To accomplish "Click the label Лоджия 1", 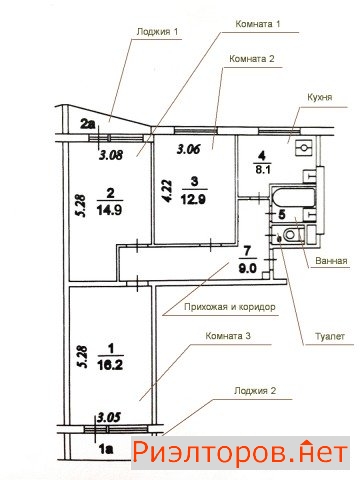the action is [157, 32].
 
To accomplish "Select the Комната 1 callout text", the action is [258, 24].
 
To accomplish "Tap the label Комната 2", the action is [252, 59].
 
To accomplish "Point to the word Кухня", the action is [320, 97].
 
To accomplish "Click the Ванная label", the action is [331, 261].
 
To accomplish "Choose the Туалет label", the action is [330, 336].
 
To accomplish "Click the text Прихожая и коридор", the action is [230, 307].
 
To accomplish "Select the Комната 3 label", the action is [228, 336].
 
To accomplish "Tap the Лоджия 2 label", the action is [255, 390].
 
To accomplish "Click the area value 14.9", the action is [110, 210].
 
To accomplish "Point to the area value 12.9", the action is [193, 199].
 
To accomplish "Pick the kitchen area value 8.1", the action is [263, 170].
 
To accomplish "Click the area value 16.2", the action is [110, 365].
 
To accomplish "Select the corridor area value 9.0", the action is [247, 268].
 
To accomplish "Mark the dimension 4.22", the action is [167, 191].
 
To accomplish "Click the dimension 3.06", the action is [189, 149].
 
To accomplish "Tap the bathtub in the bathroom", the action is [293, 198].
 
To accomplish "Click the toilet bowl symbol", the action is [292, 234].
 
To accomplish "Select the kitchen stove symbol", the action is [304, 148].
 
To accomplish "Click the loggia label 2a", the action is [88, 124].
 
